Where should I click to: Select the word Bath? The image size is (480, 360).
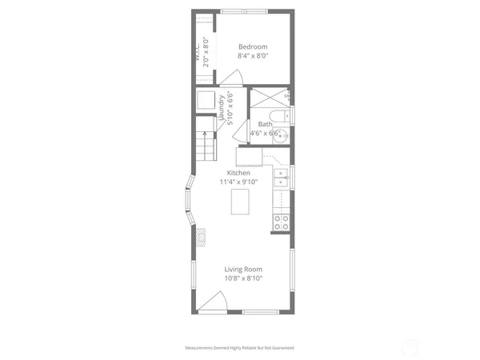click(264, 124)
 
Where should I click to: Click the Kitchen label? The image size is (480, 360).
click(238, 173)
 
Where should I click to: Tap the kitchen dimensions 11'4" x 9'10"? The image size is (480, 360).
click(238, 182)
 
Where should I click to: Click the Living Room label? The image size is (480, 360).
click(242, 269)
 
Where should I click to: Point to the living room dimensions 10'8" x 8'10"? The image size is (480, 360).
click(242, 278)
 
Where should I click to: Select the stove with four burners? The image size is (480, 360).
click(281, 222)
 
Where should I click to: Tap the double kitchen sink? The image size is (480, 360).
click(281, 178)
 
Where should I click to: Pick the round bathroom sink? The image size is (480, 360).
click(282, 134)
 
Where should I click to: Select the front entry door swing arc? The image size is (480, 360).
click(212, 302)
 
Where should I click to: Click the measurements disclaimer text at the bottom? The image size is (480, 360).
click(240, 349)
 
